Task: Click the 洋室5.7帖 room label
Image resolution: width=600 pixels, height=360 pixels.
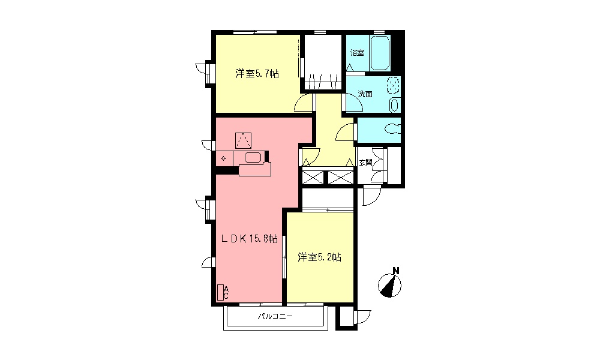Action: (x=256, y=74)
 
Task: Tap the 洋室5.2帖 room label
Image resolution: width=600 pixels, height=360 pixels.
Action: (x=320, y=257)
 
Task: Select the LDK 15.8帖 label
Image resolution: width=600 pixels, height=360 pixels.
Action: (x=250, y=239)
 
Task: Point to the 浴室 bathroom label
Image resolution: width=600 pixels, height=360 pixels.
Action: (x=357, y=53)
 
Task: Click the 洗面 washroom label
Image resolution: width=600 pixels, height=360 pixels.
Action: (x=365, y=94)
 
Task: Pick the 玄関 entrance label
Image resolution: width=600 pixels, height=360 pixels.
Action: (x=365, y=162)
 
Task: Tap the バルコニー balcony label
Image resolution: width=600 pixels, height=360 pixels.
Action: (x=275, y=316)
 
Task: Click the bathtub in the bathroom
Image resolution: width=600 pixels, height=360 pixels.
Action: (x=380, y=53)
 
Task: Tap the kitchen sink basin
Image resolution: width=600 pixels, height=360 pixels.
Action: (x=253, y=158)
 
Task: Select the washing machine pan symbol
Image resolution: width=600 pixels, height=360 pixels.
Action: (x=394, y=86)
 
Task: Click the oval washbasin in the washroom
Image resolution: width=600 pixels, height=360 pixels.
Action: (x=394, y=105)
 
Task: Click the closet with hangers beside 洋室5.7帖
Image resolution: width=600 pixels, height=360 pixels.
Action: (x=323, y=64)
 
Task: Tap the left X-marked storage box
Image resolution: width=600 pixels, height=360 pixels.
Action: (x=312, y=178)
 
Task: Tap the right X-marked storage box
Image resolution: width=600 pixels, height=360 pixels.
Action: (x=340, y=178)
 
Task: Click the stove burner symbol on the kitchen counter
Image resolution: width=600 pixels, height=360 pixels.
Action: (x=224, y=158)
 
